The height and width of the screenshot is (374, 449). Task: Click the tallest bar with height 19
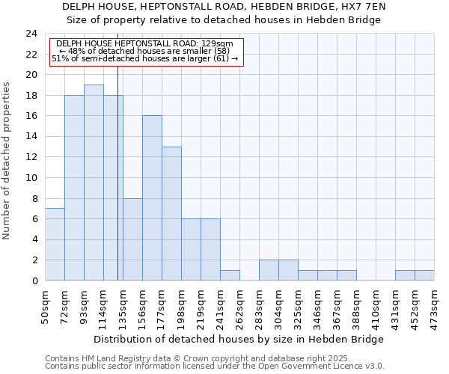(94, 183)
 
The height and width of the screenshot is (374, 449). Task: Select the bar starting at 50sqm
(55, 245)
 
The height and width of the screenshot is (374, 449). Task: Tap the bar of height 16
(152, 198)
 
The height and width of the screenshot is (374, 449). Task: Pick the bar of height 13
(171, 213)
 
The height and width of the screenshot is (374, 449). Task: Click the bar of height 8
(132, 239)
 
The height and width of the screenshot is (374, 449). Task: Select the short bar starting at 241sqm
(230, 275)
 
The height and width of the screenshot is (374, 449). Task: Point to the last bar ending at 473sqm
(424, 275)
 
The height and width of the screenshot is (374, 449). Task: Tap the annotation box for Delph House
(147, 51)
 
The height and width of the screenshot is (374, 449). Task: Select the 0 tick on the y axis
(34, 281)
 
